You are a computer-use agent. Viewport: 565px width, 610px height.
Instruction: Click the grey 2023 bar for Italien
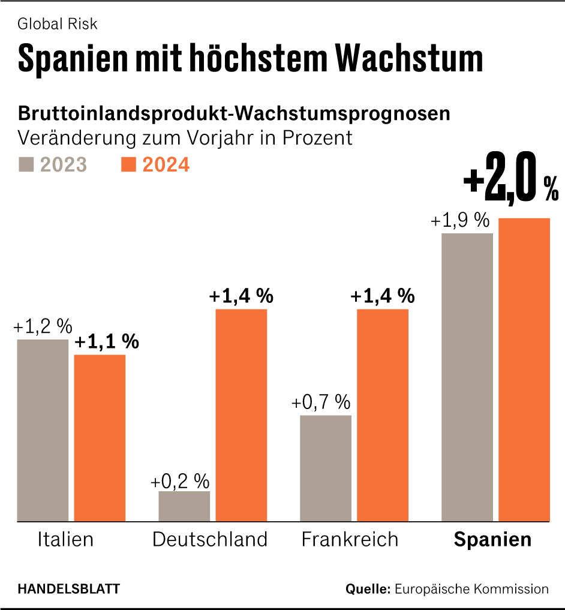[x=43, y=430]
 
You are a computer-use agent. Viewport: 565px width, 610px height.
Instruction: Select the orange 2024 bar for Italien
[x=100, y=438]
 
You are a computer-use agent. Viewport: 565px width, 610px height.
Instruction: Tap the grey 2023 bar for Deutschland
[x=184, y=506]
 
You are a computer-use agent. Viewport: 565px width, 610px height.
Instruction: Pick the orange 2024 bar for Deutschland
[x=241, y=415]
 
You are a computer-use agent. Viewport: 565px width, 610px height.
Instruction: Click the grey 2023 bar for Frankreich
[x=326, y=468]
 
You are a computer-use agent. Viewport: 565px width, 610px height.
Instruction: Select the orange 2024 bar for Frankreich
[x=383, y=415]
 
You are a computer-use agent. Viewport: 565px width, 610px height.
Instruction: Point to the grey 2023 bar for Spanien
[x=467, y=377]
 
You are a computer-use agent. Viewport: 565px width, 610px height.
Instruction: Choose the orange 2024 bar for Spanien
[x=524, y=369]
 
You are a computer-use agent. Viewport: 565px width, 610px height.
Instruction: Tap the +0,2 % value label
[x=179, y=481]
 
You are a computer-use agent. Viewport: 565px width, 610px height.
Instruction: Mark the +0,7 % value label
[x=321, y=402]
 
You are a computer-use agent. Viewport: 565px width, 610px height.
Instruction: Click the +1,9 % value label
[x=459, y=221]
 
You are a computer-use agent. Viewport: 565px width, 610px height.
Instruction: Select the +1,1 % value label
[x=107, y=342]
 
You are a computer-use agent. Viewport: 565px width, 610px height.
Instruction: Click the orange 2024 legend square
[x=128, y=164]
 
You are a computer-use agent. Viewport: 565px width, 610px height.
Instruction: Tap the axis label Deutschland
[x=209, y=539]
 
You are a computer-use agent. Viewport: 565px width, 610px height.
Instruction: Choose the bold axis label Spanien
[x=492, y=539]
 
